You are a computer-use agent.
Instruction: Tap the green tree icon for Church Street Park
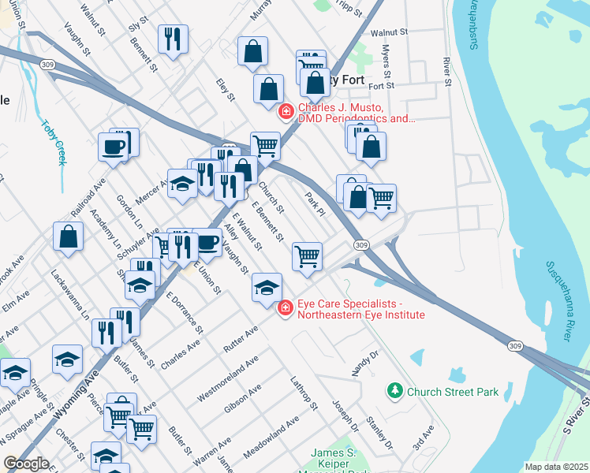(394, 390)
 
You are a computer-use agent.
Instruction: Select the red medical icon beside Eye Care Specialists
(286, 309)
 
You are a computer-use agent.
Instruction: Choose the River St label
(446, 71)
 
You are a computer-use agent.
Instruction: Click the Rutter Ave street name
(241, 337)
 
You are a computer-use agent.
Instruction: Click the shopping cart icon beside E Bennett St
(307, 255)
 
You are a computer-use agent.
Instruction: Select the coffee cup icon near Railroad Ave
(113, 147)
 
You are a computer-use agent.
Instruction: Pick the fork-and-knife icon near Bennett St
(173, 39)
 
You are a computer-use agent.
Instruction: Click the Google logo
(26, 464)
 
